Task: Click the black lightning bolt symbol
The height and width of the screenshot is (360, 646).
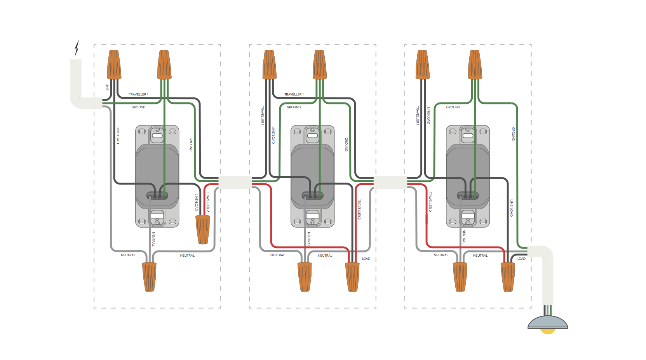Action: point(77,48)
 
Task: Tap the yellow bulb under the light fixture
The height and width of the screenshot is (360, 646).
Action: point(548,331)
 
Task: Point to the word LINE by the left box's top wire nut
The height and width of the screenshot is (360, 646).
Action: point(107,87)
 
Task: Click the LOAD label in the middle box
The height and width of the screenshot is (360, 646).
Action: point(366,259)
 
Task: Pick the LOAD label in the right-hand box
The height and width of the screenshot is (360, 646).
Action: point(521,259)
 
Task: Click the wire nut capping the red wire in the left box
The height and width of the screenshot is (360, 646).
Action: point(202,230)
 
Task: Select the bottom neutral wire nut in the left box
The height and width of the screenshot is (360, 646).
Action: point(149,277)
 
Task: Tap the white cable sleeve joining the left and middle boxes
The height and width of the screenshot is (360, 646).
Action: point(235,182)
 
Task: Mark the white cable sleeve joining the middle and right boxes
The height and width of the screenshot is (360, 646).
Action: point(390,182)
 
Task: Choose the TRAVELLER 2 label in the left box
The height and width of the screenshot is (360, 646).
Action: point(208,202)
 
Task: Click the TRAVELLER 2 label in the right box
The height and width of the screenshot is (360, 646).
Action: point(430,202)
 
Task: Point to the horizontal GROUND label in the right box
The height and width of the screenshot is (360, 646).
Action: point(453,107)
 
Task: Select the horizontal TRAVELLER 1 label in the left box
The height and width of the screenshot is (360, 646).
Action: point(139,94)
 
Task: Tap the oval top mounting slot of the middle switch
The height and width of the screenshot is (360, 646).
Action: point(313,136)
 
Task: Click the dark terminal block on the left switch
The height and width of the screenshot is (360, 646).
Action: point(157,195)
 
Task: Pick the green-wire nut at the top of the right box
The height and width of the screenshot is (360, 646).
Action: point(475,64)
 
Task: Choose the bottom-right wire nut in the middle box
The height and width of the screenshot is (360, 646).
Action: point(352,277)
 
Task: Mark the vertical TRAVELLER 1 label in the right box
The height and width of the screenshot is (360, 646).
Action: point(418,115)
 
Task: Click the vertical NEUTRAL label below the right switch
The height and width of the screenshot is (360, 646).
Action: point(464,237)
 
